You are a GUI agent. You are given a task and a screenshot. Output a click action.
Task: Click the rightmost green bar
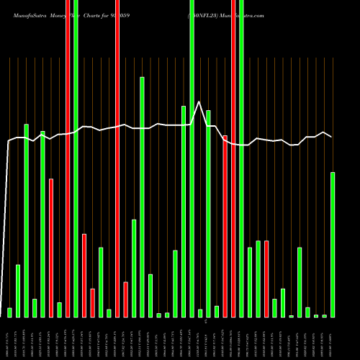click(332, 245)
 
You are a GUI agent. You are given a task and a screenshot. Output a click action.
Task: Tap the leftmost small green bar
click(9, 312)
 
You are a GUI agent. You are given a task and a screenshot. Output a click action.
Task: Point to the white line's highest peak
click(199, 102)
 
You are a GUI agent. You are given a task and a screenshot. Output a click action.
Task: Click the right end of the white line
click(332, 137)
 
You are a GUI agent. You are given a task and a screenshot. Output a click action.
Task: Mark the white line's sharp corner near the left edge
click(9, 141)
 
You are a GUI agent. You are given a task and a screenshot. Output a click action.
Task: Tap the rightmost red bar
click(266, 279)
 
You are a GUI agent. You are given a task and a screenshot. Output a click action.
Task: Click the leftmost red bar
click(51, 248)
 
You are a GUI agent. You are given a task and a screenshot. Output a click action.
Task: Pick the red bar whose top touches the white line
click(225, 226)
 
